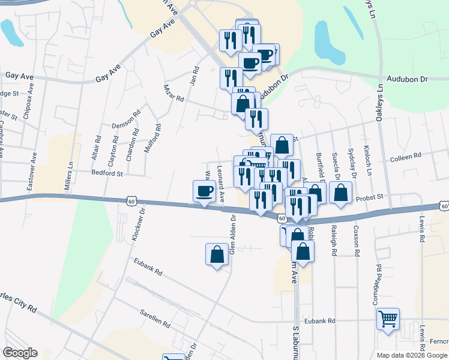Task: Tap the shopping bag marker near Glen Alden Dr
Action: click(217, 254)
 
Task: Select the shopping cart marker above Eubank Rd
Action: click(388, 319)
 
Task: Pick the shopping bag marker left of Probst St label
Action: click(340, 193)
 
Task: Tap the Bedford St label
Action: click(107, 173)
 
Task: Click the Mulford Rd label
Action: click(158, 138)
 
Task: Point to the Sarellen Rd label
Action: click(155, 318)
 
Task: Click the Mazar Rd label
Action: click(172, 97)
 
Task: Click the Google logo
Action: click(20, 353)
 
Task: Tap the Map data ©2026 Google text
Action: click(412, 355)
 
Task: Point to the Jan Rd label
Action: click(194, 76)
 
